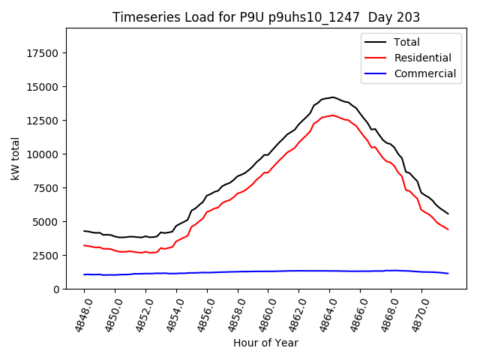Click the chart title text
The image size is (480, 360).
tap(266, 16)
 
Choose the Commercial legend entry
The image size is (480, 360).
tap(424, 73)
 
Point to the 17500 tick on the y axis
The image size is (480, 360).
tap(44, 53)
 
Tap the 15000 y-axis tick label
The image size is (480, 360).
tap(44, 87)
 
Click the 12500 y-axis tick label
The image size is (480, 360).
tap(44, 121)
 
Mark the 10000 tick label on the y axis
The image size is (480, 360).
tap(44, 154)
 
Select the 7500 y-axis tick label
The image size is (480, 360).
tap(47, 188)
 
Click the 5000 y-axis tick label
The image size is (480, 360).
tap(47, 222)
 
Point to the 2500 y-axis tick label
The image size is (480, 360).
tap(47, 256)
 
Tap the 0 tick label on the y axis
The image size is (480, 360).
tap(57, 289)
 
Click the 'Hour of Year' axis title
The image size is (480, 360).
tap(265, 343)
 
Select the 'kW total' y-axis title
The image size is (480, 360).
tap(15, 158)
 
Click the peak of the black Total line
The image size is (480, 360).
tap(333, 97)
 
